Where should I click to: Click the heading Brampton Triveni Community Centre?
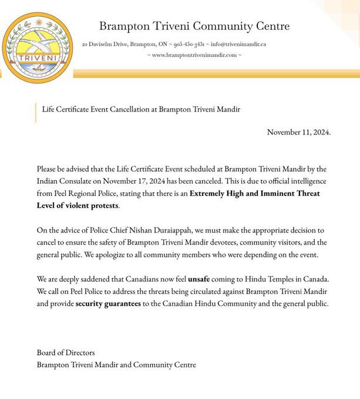click(194, 26)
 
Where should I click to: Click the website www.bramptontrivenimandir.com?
click(194, 55)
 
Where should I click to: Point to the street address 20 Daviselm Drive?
click(103, 44)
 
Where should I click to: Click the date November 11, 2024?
click(298, 132)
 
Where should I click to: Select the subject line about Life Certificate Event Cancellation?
click(142, 110)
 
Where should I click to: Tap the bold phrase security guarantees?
click(108, 304)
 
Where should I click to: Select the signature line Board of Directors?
click(65, 353)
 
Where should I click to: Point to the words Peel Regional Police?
click(92, 194)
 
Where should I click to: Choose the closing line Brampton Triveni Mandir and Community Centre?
click(116, 365)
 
